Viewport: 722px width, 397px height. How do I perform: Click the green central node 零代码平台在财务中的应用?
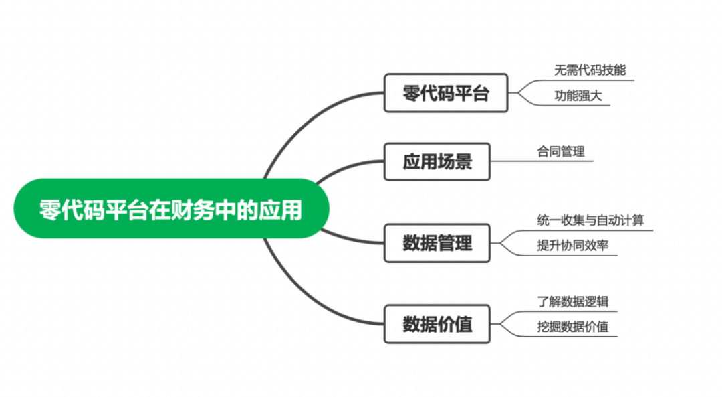point(171,209)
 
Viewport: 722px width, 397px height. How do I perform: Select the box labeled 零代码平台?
point(446,93)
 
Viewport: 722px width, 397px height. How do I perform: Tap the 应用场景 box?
point(437,161)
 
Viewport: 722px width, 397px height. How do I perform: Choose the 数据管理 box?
point(437,243)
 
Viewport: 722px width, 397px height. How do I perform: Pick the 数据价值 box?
point(437,325)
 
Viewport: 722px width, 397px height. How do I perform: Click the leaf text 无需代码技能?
point(590,70)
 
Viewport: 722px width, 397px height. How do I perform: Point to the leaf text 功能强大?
point(578,96)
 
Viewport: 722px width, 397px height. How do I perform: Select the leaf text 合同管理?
point(560,151)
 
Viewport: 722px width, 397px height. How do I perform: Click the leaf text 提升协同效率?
point(572,246)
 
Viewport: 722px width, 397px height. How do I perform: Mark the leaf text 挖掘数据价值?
point(572,327)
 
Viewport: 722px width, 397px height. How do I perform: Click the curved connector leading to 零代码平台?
point(308,117)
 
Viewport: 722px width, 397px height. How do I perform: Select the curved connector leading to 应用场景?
point(348,167)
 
